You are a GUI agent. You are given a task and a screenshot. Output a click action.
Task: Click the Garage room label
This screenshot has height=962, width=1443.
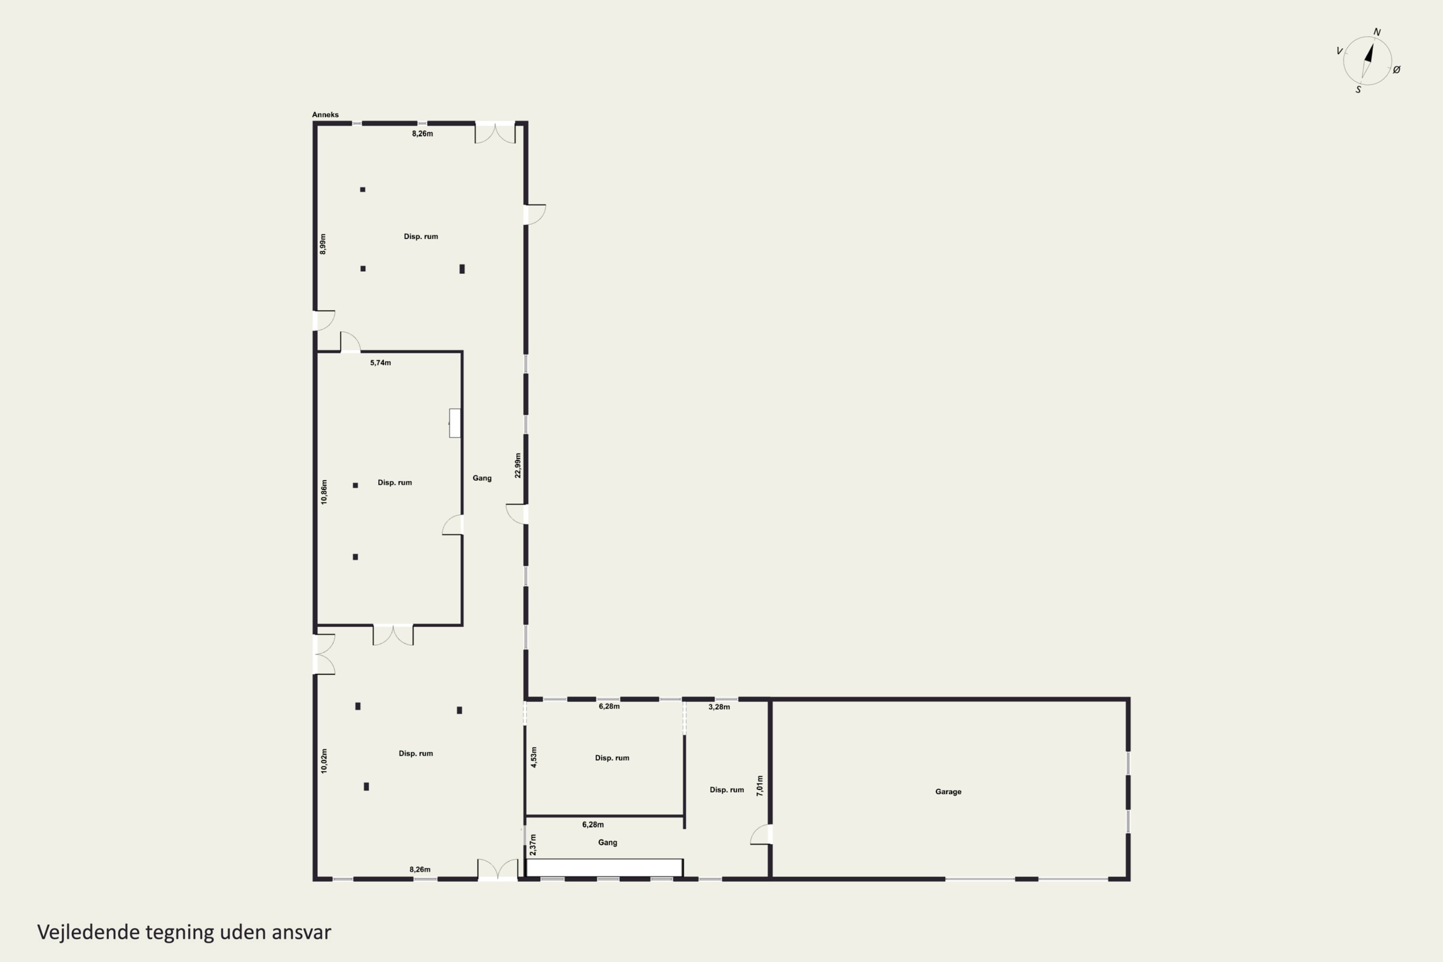point(948,791)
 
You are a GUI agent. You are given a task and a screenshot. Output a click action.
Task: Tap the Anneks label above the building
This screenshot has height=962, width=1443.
point(325,115)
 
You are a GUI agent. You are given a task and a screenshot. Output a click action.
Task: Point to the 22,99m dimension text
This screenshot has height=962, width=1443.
point(518,466)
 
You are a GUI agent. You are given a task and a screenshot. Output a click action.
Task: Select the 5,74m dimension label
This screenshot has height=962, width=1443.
point(380,363)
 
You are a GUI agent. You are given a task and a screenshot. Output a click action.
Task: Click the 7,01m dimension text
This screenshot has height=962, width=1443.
point(760,786)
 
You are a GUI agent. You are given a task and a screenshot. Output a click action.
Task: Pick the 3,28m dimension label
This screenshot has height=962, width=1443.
point(719,707)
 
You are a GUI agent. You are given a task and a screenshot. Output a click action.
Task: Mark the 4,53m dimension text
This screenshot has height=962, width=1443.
point(534,757)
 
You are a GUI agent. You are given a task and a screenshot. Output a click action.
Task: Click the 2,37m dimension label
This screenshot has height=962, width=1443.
point(533,844)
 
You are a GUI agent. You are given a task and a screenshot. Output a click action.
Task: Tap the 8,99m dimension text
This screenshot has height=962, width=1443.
point(323,244)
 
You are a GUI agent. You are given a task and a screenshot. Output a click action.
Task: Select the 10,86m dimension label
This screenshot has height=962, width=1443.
point(324,492)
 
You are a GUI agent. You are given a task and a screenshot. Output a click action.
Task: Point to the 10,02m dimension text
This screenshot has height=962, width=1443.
point(324,761)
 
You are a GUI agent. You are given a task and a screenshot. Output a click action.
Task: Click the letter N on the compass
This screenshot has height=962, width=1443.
point(1377,32)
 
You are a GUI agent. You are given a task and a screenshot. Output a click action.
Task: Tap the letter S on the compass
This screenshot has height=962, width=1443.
point(1358,89)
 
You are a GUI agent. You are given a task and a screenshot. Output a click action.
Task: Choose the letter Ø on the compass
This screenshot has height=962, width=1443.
point(1397,70)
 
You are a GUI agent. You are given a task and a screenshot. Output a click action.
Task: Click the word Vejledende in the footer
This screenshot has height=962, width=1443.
point(89,933)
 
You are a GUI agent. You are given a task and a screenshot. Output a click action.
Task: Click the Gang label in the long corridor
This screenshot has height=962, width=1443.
point(482,478)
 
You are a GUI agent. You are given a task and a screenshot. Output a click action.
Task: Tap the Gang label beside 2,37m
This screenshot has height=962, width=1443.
point(608,842)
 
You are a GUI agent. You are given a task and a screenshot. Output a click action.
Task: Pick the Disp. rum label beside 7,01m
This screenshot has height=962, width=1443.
point(727,790)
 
